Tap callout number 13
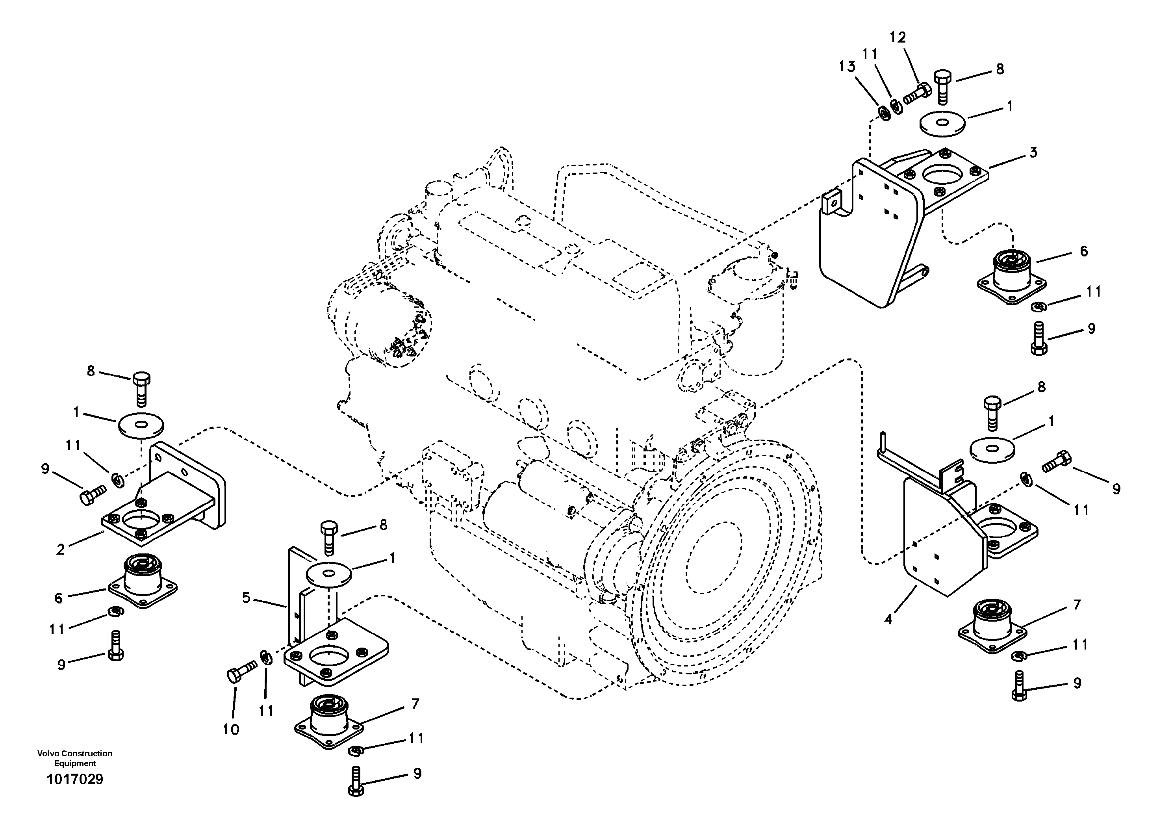847,66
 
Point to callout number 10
231,730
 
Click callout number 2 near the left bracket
61,550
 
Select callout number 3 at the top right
1033,152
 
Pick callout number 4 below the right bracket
889,620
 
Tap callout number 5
247,597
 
